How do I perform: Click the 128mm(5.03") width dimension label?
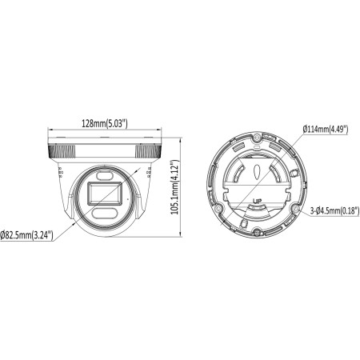coord(106,122)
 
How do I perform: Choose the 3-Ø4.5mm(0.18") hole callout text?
coord(332,210)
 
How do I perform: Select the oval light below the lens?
coord(104,213)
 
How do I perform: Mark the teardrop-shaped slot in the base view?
coord(254,170)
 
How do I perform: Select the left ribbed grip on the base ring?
coord(60,150)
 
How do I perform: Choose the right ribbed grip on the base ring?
coord(147,150)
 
